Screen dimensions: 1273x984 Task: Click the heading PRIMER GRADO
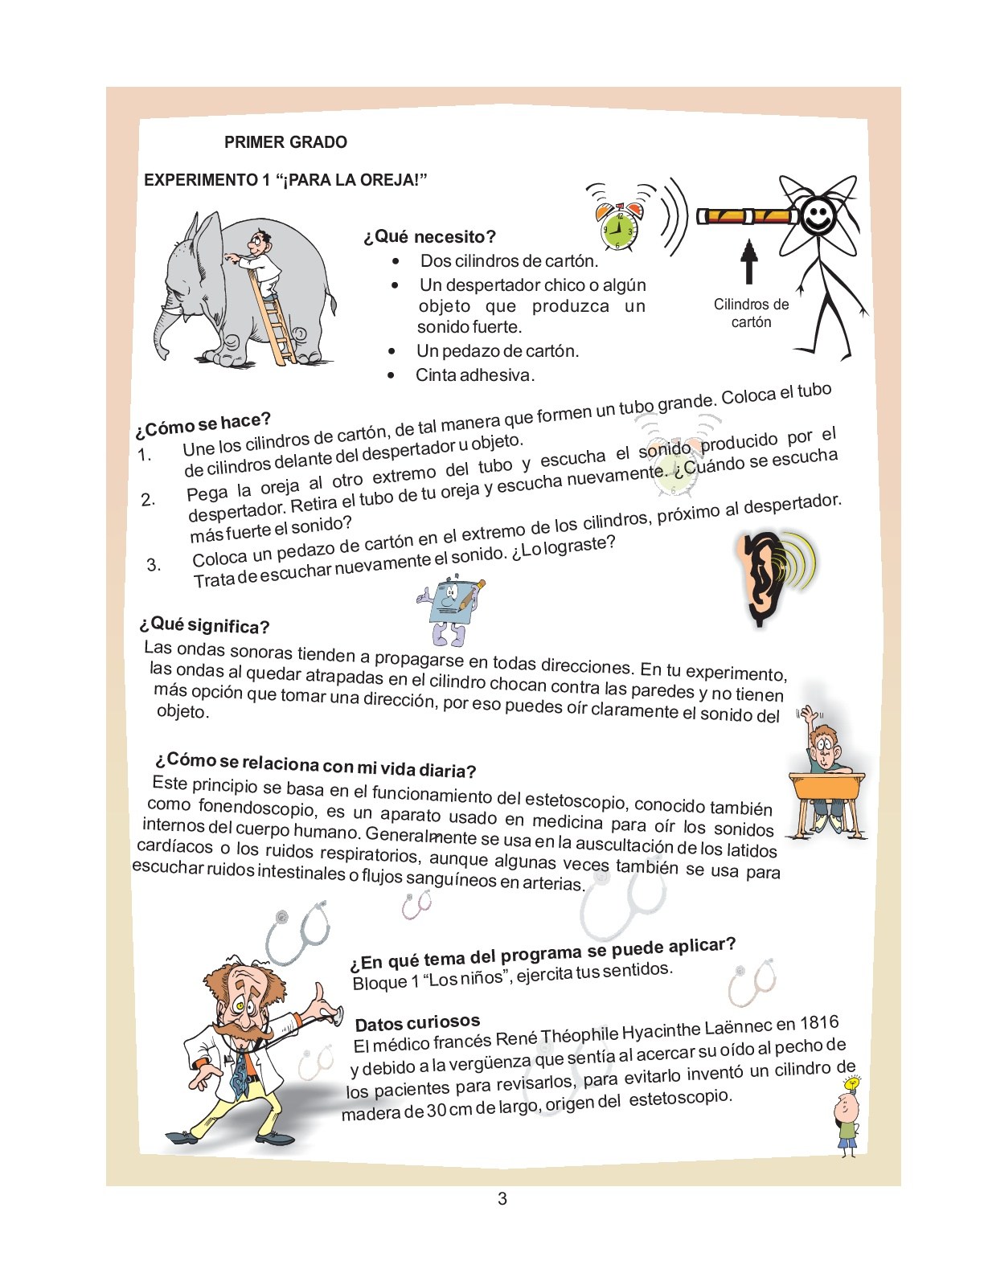click(x=285, y=142)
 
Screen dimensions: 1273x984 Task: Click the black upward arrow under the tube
click(x=749, y=261)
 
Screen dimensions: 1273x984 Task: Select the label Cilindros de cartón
click(x=751, y=313)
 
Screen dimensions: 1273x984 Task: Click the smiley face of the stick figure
click(x=818, y=216)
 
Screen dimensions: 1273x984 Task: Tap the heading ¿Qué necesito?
click(x=429, y=237)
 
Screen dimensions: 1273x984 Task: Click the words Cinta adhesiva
click(x=474, y=375)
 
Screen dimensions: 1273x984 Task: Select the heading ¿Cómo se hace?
click(x=203, y=424)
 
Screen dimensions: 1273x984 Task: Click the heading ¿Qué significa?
click(x=204, y=625)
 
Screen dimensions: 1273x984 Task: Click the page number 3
click(x=502, y=1199)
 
